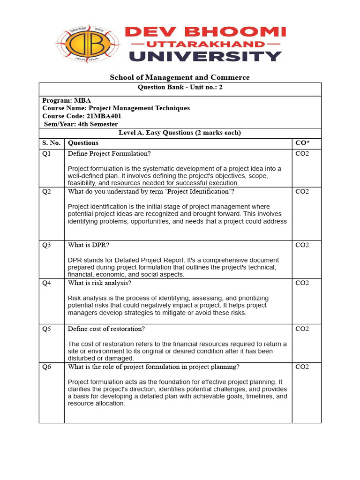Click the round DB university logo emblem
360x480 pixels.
point(88,44)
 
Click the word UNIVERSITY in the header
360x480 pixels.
point(205,57)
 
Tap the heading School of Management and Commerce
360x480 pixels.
point(180,77)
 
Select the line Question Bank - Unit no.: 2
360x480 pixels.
point(180,87)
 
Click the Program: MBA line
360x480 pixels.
point(67,100)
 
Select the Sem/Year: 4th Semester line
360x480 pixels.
point(80,124)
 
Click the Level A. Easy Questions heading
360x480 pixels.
point(180,133)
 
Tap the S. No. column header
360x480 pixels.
point(52,142)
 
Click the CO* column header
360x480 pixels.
point(302,142)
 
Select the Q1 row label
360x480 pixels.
point(46,153)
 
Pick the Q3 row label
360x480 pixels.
point(46,245)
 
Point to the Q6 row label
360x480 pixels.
point(46,367)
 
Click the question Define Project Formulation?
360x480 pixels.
point(109,153)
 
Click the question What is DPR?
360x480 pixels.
point(89,245)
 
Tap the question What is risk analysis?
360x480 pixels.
point(99,283)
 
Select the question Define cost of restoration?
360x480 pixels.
point(106,329)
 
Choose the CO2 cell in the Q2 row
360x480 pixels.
point(302,191)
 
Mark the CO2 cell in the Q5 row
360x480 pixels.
point(302,329)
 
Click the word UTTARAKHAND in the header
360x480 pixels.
point(204,44)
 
